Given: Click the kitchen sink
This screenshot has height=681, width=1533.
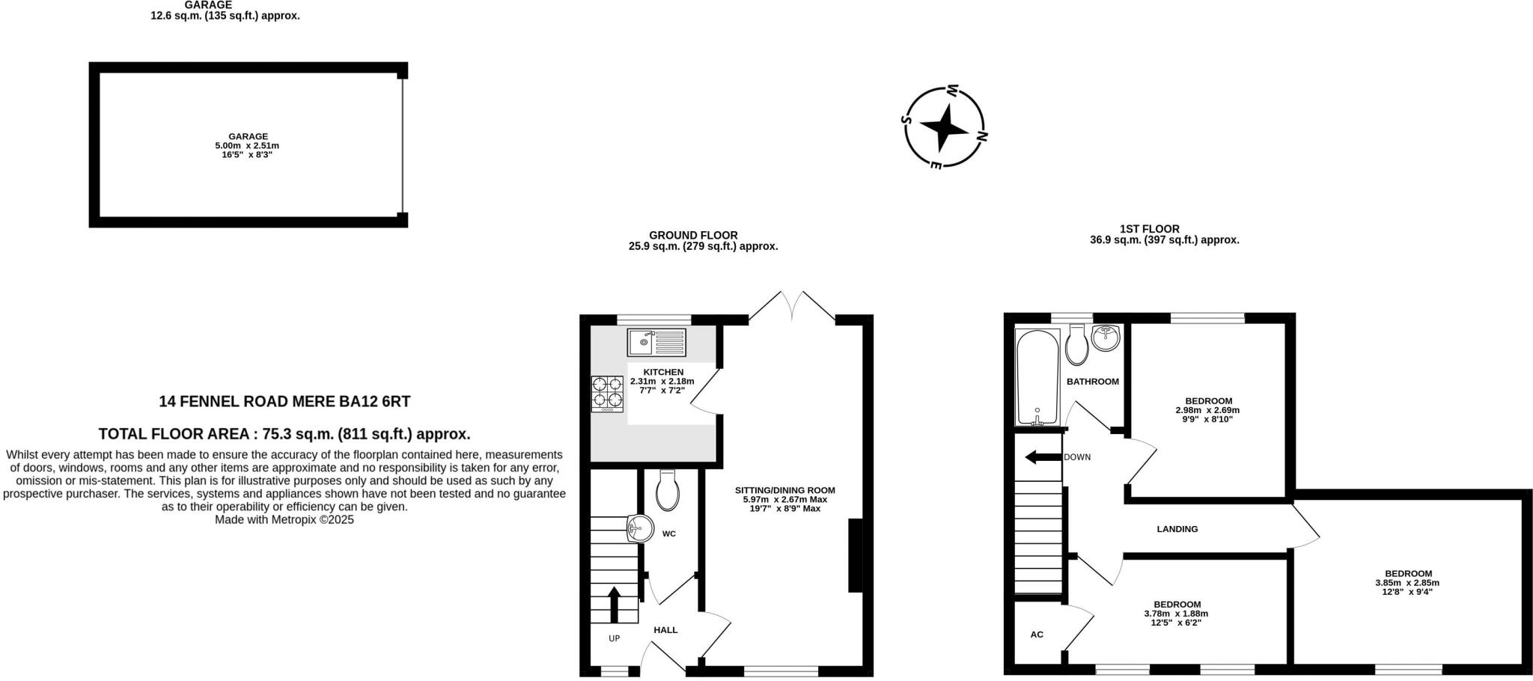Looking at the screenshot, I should coord(656,342).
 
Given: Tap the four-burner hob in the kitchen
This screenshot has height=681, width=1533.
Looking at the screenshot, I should coord(607,394).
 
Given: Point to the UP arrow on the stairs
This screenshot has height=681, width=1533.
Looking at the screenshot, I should coord(615,605).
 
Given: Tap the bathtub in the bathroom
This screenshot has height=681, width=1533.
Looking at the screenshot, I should coord(1037,376).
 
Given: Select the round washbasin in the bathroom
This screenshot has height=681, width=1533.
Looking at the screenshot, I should coord(1106,338).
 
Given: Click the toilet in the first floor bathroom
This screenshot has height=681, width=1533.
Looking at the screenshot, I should coord(1077,344).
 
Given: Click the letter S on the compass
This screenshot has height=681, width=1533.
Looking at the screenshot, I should coord(906,119).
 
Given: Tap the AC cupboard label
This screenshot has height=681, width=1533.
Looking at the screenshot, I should coord(1037,635).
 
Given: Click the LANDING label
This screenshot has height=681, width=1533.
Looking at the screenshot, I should coord(1177,529).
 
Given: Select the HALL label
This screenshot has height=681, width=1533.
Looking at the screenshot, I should coord(665,630).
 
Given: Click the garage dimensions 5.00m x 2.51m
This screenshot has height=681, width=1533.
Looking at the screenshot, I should coord(248,146).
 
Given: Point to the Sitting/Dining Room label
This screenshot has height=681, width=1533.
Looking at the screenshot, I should coord(784,491).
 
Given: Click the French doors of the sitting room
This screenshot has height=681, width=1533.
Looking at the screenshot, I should coord(792,307).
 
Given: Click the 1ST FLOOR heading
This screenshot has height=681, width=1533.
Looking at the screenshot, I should coord(1149,229).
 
